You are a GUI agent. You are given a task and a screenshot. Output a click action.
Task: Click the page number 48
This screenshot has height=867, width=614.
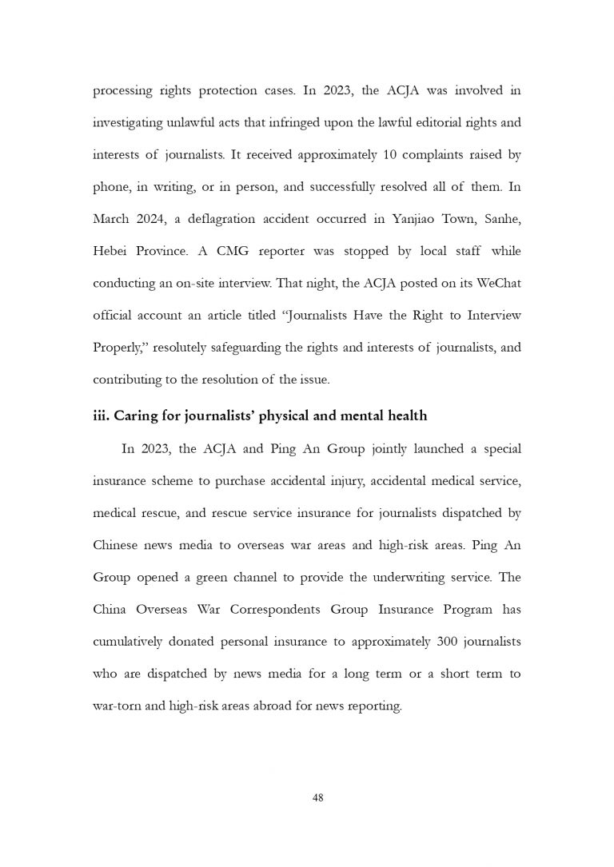(317, 797)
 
